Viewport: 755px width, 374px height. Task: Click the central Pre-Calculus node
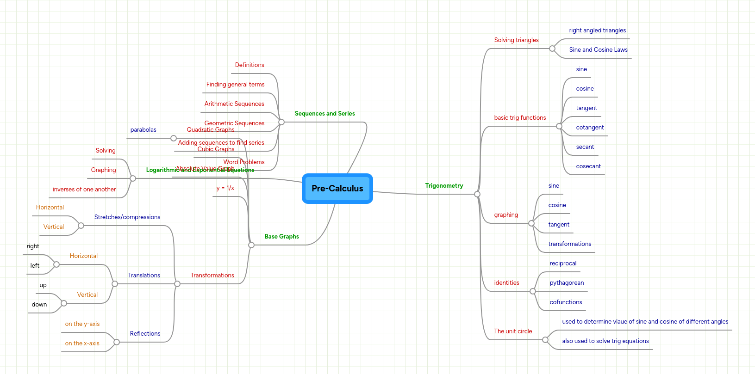337,189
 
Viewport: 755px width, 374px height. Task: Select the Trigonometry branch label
444,186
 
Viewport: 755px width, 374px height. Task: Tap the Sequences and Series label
324,114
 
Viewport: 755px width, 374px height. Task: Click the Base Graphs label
281,237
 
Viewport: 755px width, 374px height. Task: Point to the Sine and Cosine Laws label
598,50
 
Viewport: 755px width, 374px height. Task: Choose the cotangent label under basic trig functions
590,128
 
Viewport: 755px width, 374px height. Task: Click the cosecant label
588,166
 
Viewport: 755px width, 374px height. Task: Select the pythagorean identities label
567,283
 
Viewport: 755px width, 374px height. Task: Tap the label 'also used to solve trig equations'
605,341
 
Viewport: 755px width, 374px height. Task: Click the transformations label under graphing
569,244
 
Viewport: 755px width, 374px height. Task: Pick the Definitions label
250,65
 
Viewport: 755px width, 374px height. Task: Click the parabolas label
143,130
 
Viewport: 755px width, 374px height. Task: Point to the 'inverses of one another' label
84,190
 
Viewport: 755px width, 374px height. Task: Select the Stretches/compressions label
127,217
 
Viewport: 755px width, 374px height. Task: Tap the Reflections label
145,334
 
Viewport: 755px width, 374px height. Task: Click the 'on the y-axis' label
82,324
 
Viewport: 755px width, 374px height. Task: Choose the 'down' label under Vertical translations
39,305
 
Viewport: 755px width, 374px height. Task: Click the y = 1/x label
225,188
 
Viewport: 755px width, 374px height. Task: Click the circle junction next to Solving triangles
552,49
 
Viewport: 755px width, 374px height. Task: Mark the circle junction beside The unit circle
545,340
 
